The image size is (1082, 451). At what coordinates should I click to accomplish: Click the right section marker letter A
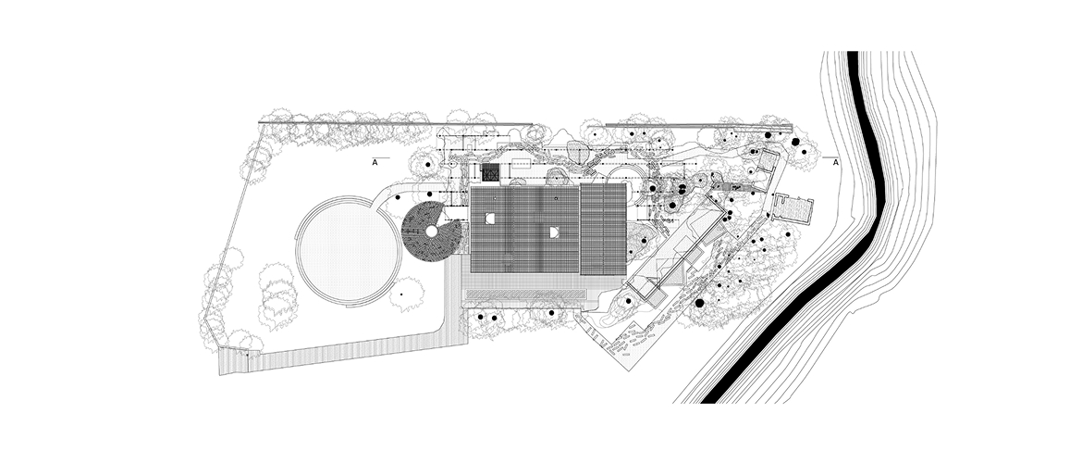[836, 163]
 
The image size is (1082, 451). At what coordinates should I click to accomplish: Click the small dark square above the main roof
[491, 173]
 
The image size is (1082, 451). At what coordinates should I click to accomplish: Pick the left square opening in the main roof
[489, 219]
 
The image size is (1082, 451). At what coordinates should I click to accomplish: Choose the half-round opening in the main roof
[553, 232]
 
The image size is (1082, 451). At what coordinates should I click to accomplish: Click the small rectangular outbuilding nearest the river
[791, 208]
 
